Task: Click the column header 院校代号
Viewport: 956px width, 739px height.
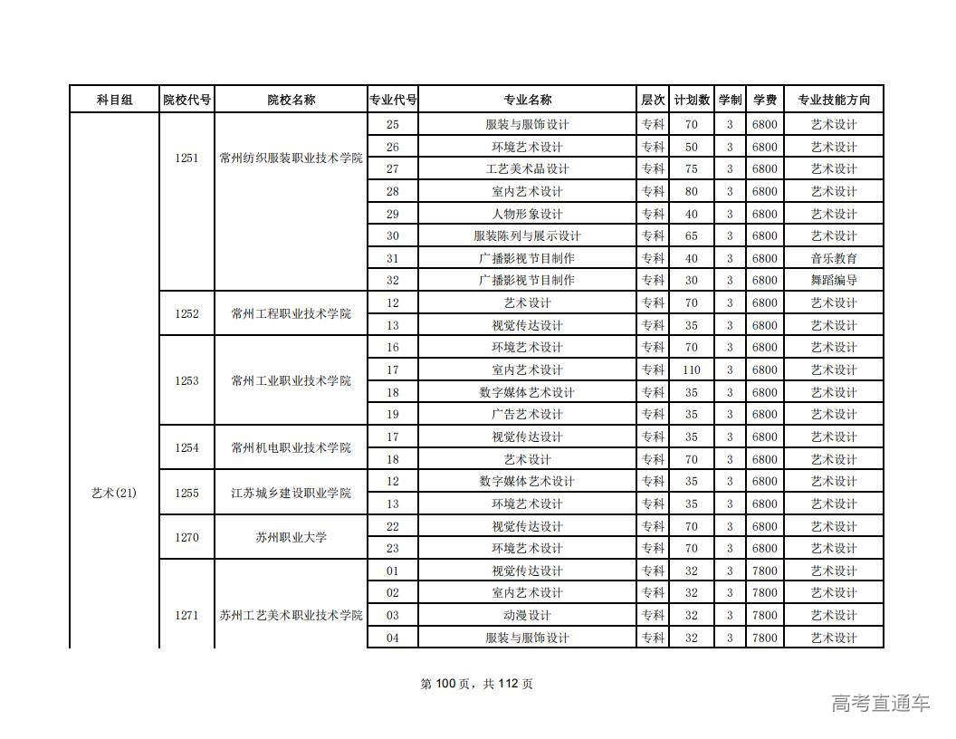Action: click(186, 101)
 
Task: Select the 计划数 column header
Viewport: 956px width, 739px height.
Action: click(692, 101)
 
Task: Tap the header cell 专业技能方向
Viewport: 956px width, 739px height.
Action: click(833, 101)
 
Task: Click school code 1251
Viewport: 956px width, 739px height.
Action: click(186, 158)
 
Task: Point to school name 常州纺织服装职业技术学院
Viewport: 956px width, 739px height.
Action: click(291, 158)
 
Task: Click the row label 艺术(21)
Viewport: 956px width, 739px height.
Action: click(114, 493)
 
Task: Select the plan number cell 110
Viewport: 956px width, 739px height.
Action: click(692, 369)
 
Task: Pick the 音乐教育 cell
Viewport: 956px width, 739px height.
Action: click(833, 258)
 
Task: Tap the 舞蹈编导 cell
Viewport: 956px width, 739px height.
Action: click(833, 281)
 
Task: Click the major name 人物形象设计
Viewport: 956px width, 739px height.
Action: click(527, 214)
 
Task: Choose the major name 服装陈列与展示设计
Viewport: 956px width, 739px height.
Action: click(527, 236)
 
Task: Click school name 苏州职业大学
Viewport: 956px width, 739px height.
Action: click(291, 537)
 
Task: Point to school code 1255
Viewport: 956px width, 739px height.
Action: click(186, 493)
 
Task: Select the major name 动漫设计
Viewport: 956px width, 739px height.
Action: click(527, 616)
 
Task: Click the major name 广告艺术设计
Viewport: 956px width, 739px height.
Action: click(527, 415)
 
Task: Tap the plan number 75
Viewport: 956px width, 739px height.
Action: click(692, 169)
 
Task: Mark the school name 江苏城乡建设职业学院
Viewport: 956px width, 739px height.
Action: click(291, 493)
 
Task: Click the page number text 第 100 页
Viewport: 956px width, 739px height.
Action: click(450, 684)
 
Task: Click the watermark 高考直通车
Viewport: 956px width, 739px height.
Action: click(880, 703)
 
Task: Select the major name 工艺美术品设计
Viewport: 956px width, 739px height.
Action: click(527, 169)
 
